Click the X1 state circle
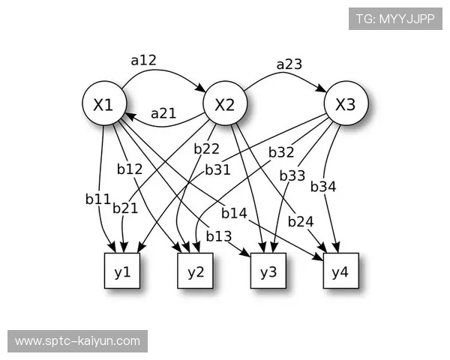103,106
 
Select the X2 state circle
224,106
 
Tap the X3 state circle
345,106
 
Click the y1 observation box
122,271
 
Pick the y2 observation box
196,271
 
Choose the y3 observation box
268,271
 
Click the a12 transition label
143,61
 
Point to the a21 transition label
163,114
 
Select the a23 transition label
289,64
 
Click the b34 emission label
323,186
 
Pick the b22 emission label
206,148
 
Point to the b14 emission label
234,214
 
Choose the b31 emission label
217,170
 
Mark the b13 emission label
218,236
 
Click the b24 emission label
300,221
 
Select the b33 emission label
292,175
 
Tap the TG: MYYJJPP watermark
395,19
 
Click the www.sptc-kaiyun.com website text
77,340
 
